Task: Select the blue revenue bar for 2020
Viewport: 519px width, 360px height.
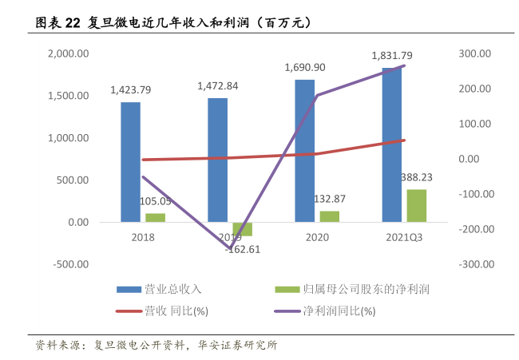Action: click(x=304, y=151)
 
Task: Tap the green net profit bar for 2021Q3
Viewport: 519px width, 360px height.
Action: click(x=416, y=206)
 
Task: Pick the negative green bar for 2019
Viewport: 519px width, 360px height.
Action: click(x=242, y=229)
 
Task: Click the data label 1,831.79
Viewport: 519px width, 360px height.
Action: click(x=392, y=56)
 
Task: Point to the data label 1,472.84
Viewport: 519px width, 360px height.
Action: click(x=217, y=85)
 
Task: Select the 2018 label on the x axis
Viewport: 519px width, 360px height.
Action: click(x=143, y=237)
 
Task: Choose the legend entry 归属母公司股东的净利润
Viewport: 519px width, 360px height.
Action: click(x=372, y=288)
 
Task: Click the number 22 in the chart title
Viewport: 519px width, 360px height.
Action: click(x=72, y=23)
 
